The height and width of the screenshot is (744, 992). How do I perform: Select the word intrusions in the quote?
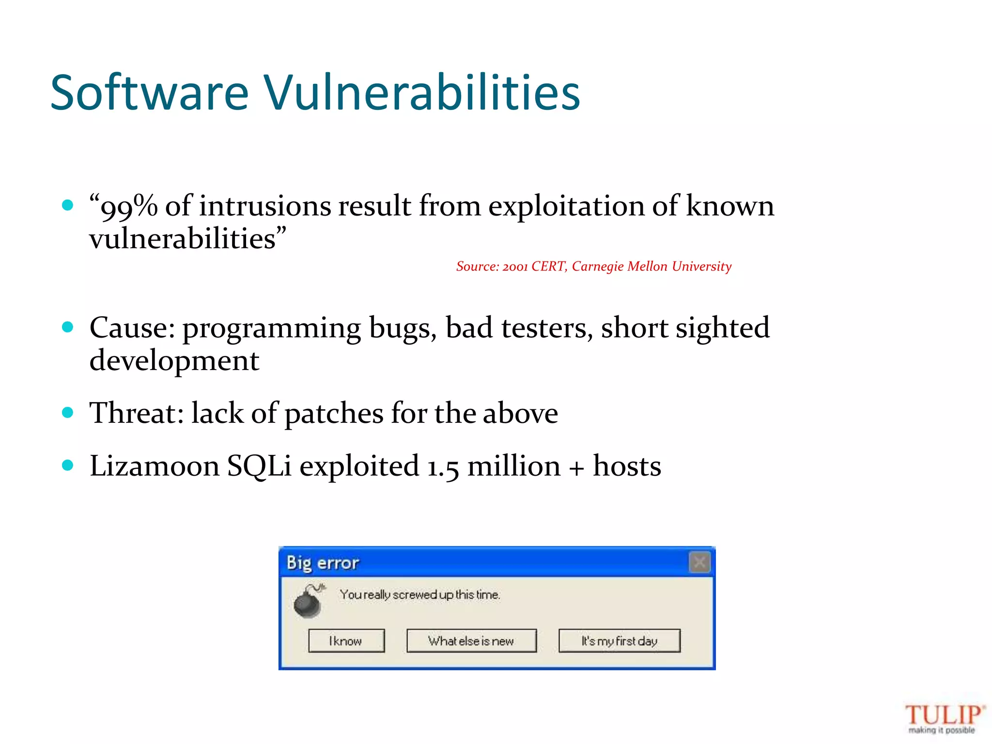click(x=264, y=206)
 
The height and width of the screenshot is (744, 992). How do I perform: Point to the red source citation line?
click(x=593, y=266)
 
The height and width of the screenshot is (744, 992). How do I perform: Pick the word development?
click(x=174, y=361)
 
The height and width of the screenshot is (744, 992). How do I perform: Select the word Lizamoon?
click(x=154, y=466)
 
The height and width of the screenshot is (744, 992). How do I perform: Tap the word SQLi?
click(x=259, y=466)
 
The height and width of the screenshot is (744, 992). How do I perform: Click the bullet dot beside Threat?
click(x=68, y=413)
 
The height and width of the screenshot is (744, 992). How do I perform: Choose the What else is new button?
click(x=471, y=641)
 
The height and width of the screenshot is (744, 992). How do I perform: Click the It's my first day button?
click(x=619, y=641)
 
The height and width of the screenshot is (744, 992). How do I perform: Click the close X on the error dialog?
click(x=699, y=562)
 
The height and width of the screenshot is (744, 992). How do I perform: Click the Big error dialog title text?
click(x=323, y=563)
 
